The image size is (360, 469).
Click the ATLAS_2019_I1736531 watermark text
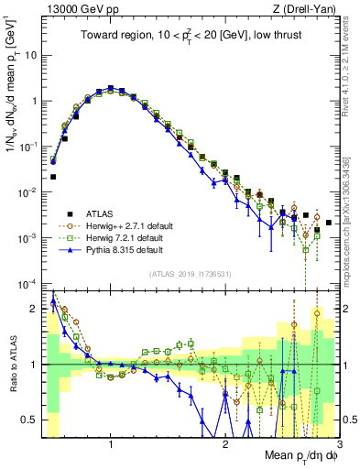(x=190, y=273)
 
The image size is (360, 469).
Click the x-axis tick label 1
(x=111, y=444)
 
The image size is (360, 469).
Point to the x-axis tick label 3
(x=340, y=444)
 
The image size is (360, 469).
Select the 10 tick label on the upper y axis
(x=30, y=55)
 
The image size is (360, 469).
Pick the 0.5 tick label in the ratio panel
(x=28, y=420)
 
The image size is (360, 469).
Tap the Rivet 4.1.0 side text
(x=349, y=64)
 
